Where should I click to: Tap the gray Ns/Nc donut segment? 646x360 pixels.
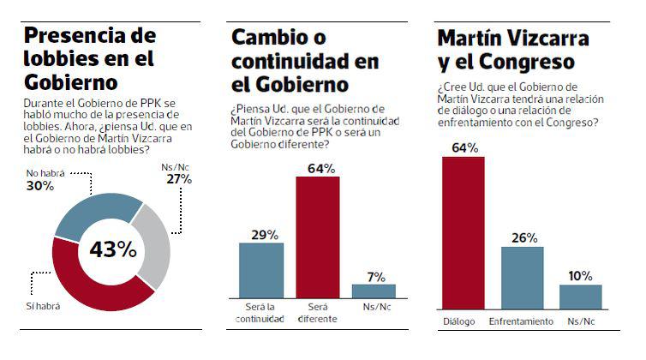[x=154, y=249]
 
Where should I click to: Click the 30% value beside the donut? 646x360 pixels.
[x=34, y=184]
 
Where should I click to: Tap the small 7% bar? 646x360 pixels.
[x=374, y=291]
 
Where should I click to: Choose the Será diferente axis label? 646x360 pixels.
[x=317, y=313]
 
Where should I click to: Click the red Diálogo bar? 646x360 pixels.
[x=464, y=231]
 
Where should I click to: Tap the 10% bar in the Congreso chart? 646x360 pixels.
[x=580, y=297]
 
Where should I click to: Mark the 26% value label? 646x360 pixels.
[x=522, y=237]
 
